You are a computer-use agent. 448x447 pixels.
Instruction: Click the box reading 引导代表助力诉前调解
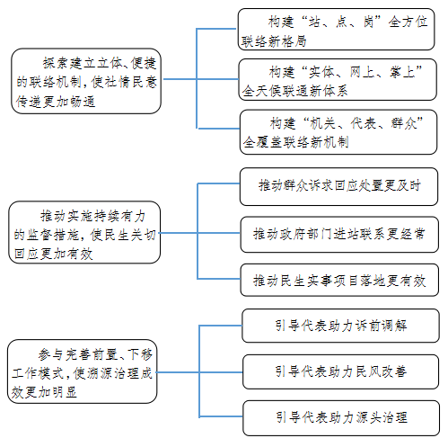340,326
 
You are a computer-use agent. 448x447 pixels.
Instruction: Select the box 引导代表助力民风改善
340,371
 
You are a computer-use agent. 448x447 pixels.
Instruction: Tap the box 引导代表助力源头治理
341,417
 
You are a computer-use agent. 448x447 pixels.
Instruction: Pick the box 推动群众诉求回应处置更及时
338,186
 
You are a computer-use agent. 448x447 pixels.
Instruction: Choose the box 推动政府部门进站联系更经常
339,235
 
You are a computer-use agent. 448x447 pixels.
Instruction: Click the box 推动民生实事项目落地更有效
339,280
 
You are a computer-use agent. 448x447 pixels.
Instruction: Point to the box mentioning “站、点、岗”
336,29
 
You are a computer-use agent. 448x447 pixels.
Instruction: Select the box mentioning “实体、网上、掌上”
338,79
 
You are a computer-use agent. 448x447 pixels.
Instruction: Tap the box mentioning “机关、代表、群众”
338,132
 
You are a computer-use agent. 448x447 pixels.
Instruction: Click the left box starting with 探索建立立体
86,81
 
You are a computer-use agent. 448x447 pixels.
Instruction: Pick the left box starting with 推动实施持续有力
84,232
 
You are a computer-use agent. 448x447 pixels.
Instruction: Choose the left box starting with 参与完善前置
83,371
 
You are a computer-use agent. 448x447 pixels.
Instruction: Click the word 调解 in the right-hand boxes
394,326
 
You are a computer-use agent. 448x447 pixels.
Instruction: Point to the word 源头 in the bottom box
368,417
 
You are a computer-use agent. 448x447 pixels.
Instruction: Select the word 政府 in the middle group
294,234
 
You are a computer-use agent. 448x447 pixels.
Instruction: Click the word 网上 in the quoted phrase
363,72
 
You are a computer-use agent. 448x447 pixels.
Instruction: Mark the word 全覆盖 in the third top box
262,142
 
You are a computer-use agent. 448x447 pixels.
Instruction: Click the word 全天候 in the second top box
261,91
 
